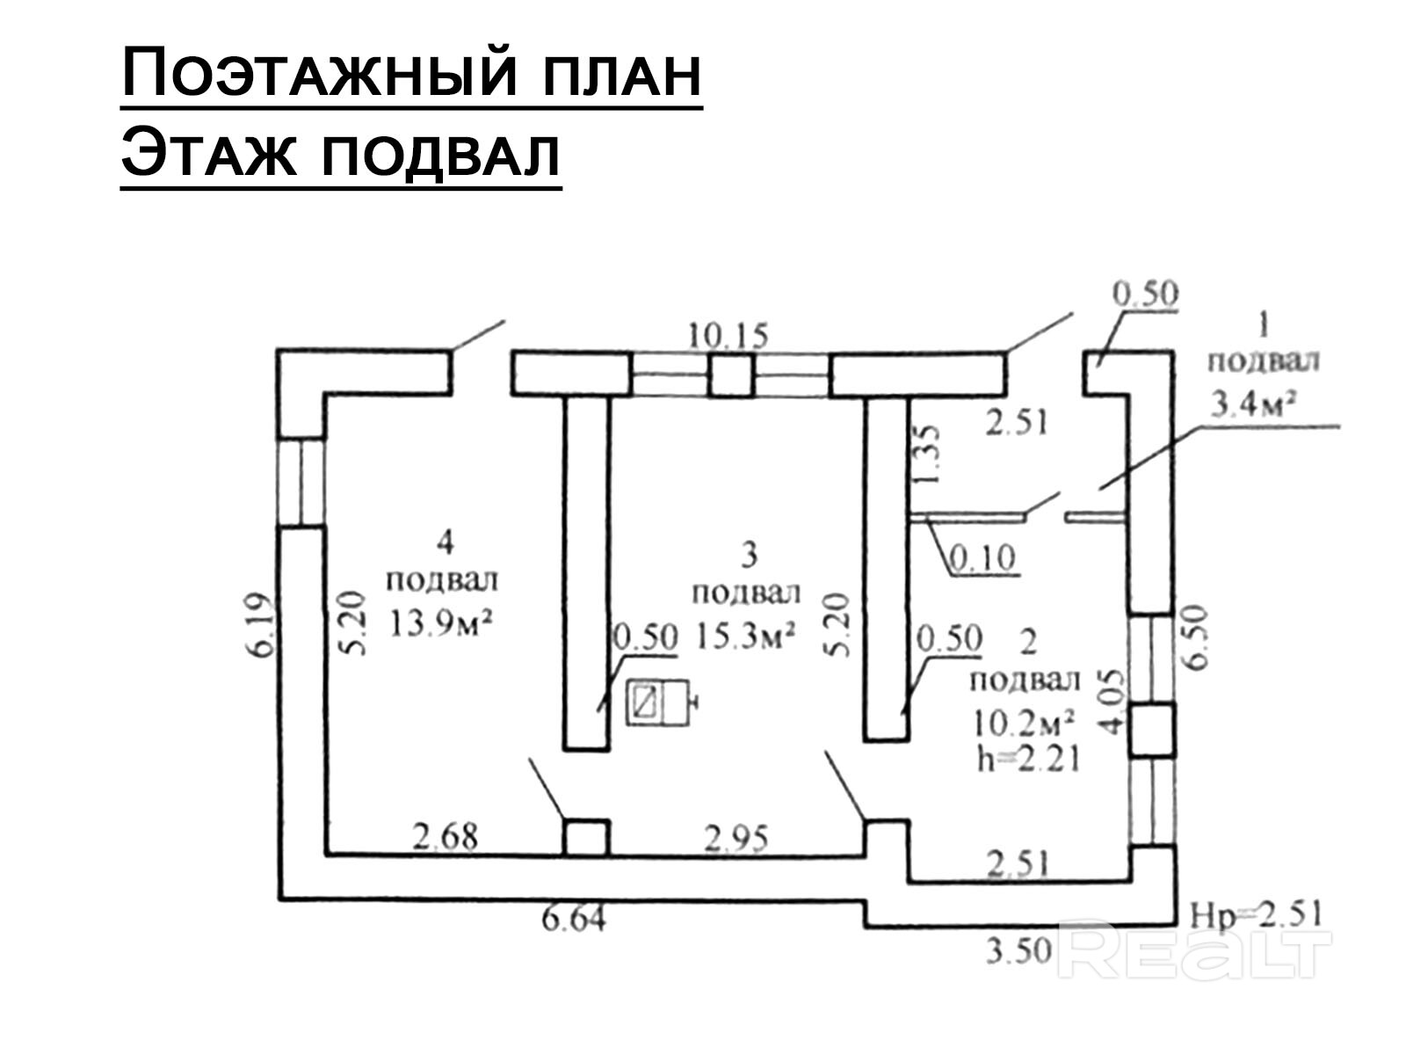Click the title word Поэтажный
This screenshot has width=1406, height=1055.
[318, 73]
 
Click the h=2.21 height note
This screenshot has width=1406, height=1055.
[1028, 758]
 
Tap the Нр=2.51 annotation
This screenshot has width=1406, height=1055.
[1255, 914]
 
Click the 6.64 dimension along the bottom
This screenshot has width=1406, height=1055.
[575, 920]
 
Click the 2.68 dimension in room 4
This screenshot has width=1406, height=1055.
[446, 836]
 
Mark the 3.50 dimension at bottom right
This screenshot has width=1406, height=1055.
[1019, 949]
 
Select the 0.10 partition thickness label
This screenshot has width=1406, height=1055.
[984, 557]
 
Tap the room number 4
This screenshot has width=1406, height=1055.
[446, 543]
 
